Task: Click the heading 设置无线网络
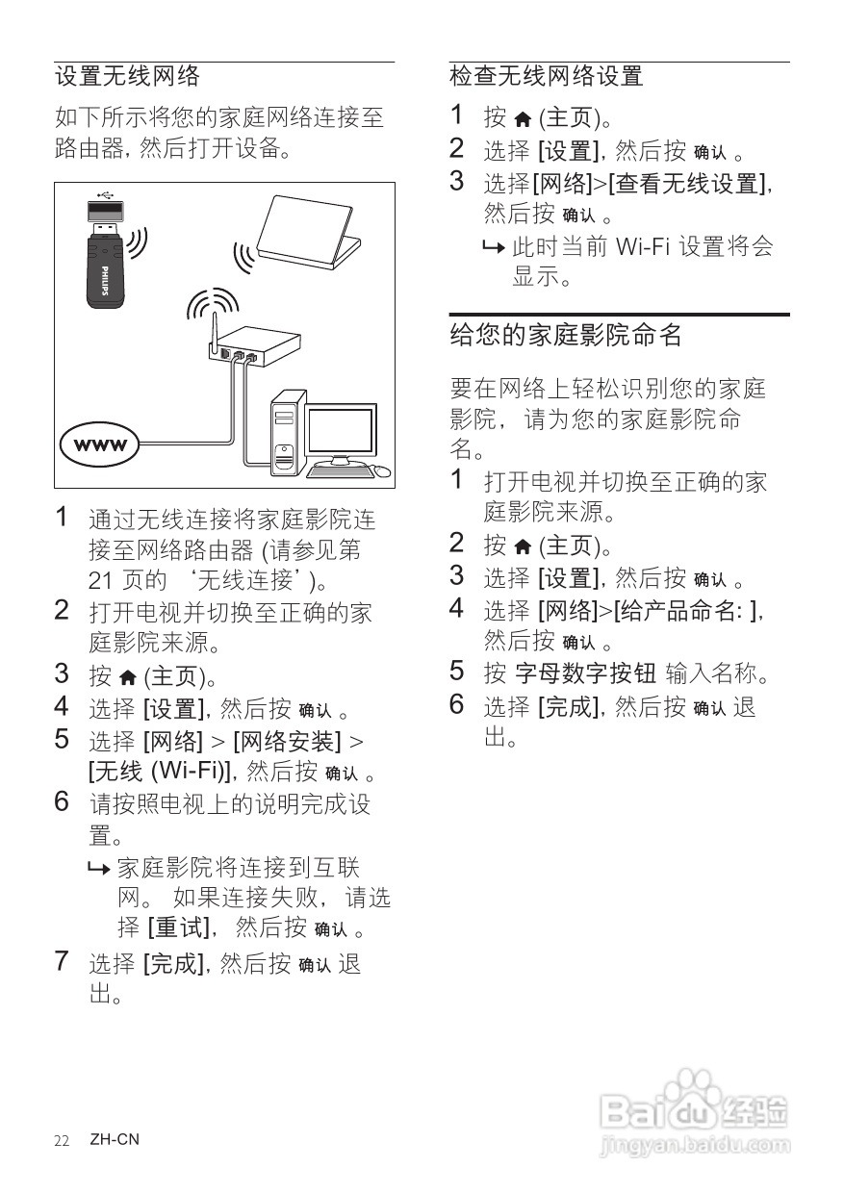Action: (x=127, y=76)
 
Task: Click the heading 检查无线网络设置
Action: (x=546, y=76)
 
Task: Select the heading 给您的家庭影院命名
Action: (x=566, y=335)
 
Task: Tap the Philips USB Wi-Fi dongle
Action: (x=106, y=255)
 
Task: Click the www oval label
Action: (x=100, y=444)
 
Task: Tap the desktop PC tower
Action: (x=286, y=433)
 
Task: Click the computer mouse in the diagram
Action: (x=382, y=471)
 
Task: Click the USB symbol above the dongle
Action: (x=105, y=193)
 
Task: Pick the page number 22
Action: (x=62, y=1140)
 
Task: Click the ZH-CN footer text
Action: (x=115, y=1140)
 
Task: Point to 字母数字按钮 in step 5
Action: (x=586, y=673)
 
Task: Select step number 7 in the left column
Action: (x=63, y=961)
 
